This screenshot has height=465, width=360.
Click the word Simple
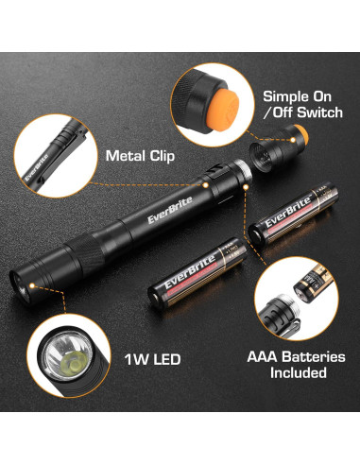point(287,96)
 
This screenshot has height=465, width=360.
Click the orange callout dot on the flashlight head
point(32,283)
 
